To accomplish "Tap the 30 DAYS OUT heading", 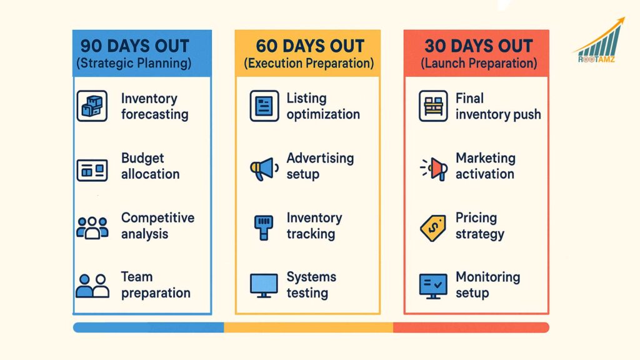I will [478, 46].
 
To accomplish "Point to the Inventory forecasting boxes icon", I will [92, 106].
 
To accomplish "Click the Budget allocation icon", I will [92, 169].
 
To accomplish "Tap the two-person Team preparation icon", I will [92, 285].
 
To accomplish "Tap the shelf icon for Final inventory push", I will [432, 106].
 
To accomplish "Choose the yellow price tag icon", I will [433, 227].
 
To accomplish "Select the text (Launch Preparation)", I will [478, 64].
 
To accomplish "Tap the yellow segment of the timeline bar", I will [308, 327].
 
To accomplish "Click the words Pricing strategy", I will [479, 226].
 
